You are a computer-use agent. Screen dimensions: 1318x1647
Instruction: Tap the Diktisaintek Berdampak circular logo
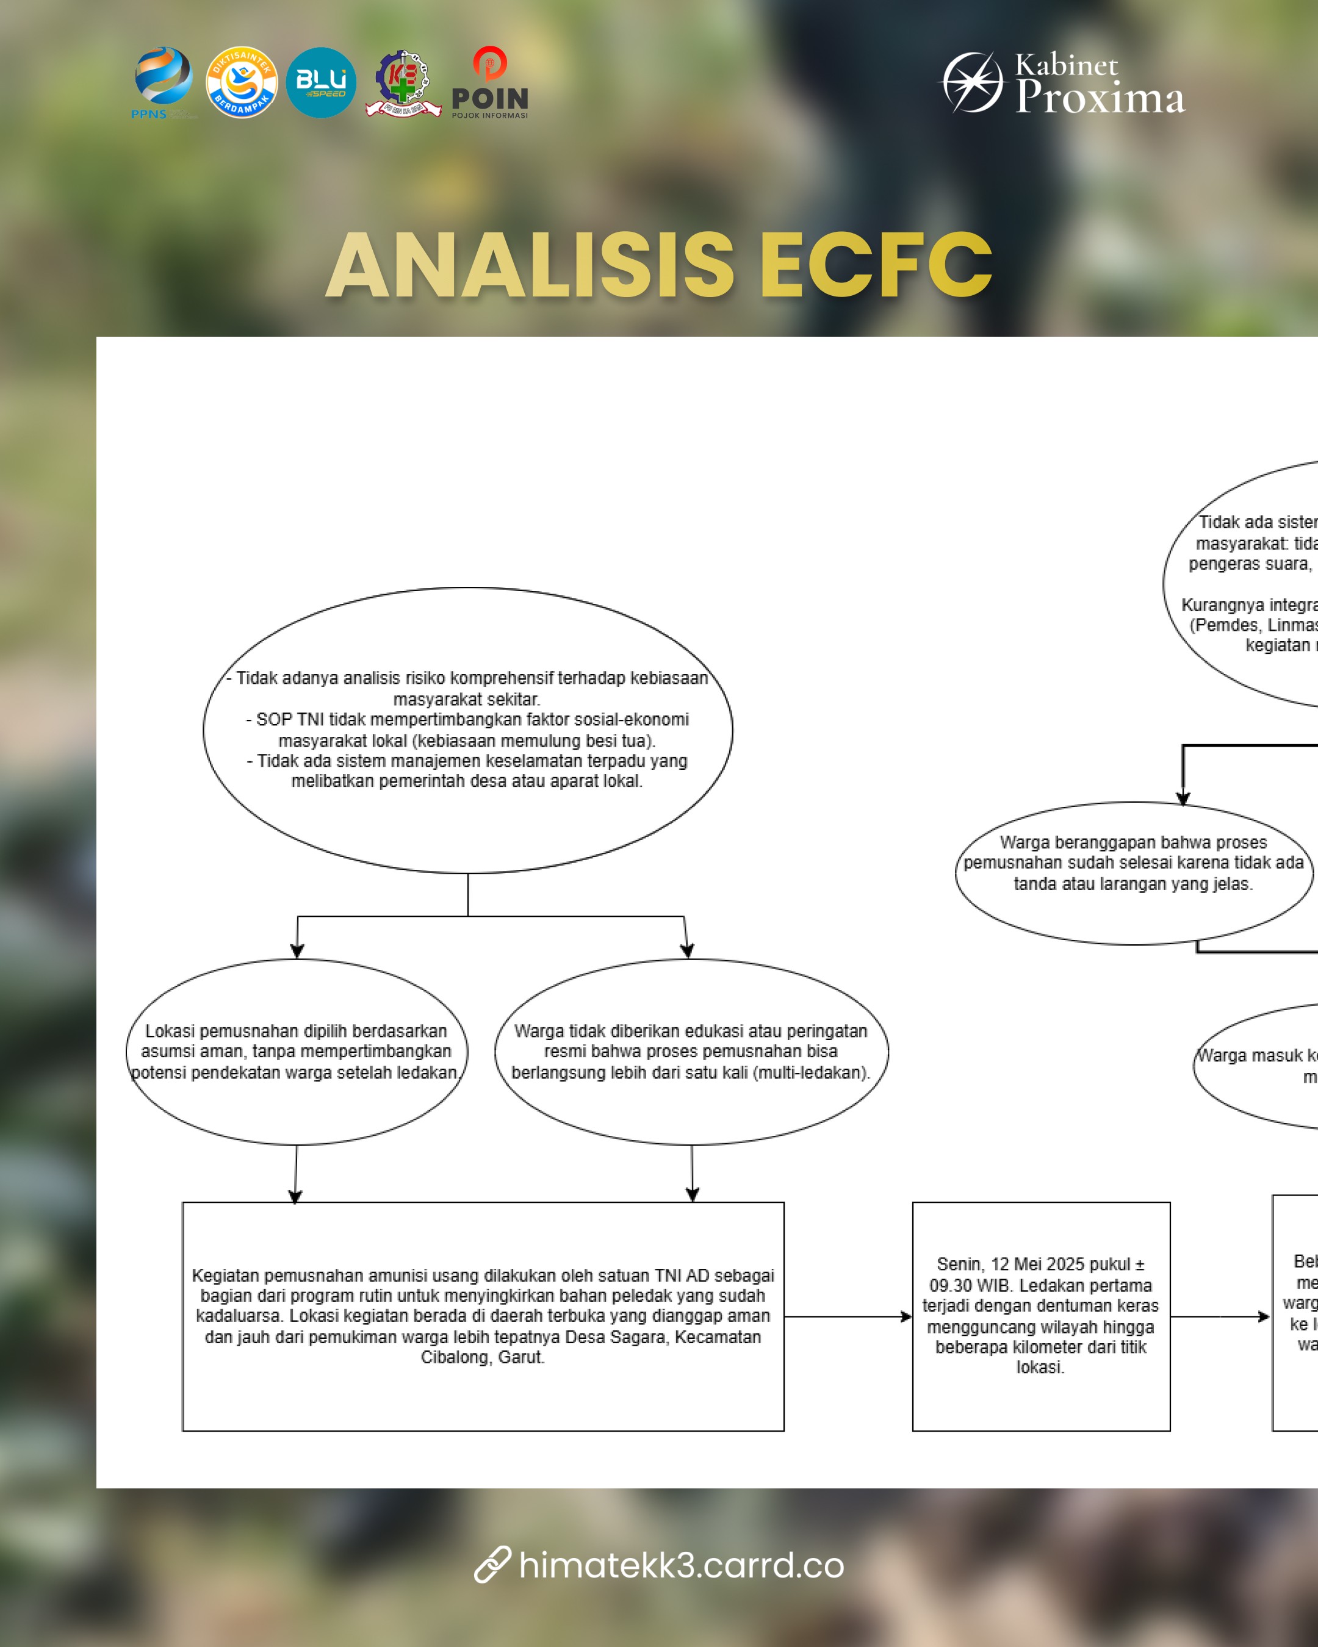(242, 82)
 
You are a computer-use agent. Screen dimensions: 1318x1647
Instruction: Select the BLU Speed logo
(321, 82)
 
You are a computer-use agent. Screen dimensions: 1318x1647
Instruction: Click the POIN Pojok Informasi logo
(489, 82)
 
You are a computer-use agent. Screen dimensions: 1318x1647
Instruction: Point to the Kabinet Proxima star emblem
(972, 82)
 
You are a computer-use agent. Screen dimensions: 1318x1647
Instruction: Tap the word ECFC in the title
(876, 265)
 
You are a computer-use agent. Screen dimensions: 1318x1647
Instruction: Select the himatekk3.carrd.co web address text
(681, 1565)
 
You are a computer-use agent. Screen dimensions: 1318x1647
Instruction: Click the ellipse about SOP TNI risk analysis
(467, 730)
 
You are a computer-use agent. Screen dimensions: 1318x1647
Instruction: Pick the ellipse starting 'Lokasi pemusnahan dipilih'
(297, 1051)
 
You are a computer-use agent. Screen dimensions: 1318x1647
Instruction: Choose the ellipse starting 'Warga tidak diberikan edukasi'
(691, 1051)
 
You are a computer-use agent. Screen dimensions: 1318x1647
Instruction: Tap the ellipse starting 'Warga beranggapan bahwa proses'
(1133, 872)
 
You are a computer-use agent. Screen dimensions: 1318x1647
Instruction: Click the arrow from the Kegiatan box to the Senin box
(848, 1316)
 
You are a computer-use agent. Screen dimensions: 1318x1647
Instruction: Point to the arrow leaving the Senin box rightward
(1219, 1316)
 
